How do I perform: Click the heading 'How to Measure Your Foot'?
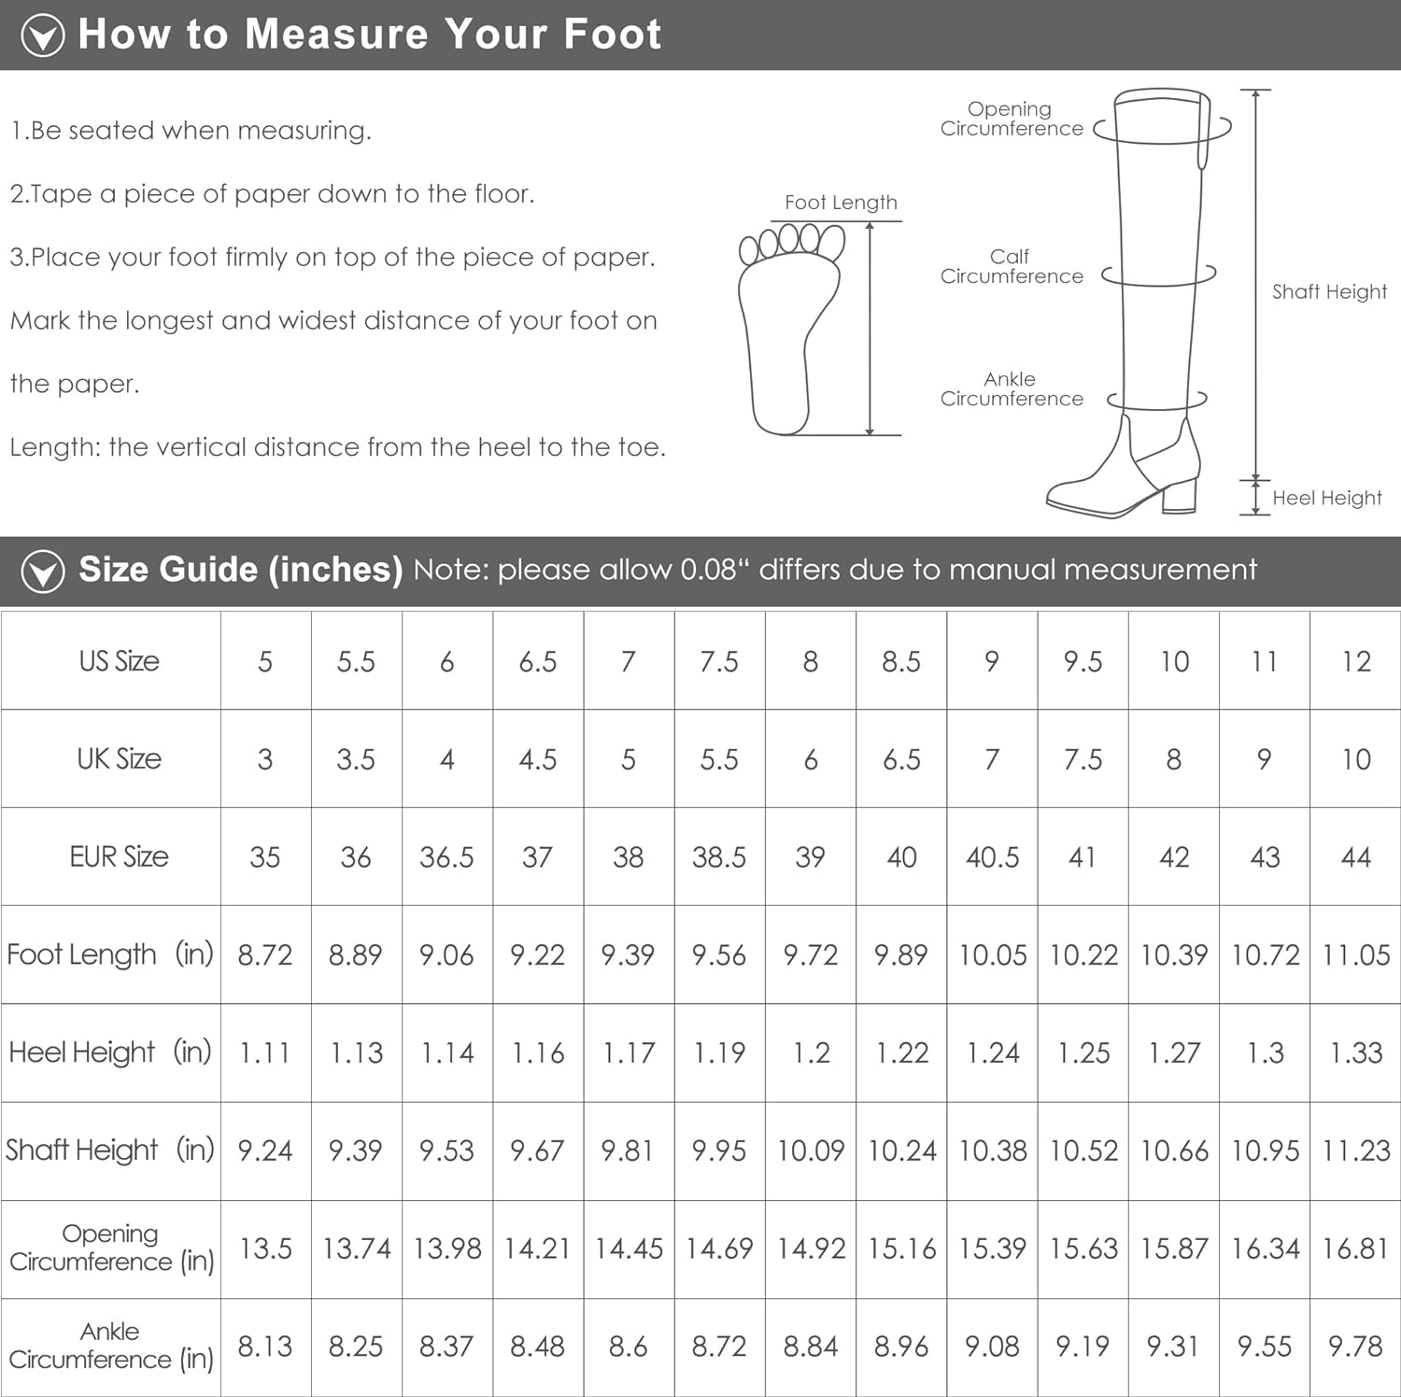tap(370, 34)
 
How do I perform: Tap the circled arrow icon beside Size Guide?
tap(43, 571)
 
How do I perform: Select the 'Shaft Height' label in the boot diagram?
tap(1329, 291)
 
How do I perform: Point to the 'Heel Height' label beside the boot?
tap(1326, 498)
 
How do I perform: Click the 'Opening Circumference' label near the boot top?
tap(1012, 119)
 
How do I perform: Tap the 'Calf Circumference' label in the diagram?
tap(1012, 266)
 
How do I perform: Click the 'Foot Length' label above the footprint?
tap(841, 203)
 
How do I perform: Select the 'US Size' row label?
tap(120, 661)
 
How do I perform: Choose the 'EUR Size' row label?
tap(120, 856)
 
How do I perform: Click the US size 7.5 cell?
tap(719, 661)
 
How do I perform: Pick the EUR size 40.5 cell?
tap(992, 856)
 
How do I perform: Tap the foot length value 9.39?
tap(628, 954)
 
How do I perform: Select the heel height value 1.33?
tap(1356, 1052)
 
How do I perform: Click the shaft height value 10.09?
tap(811, 1150)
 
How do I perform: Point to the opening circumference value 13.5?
tap(265, 1249)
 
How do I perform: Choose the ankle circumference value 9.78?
tap(1355, 1347)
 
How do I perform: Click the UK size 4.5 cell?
tap(538, 759)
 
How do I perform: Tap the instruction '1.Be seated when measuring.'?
tap(191, 131)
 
